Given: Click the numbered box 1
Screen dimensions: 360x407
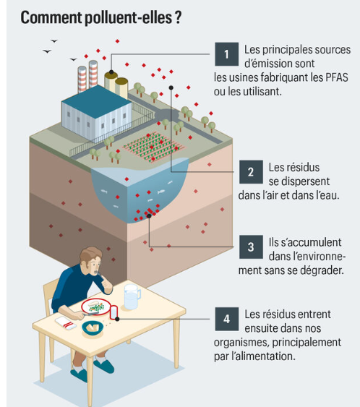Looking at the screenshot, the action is coord(226,54).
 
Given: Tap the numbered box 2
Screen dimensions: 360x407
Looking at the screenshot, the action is coord(251,172).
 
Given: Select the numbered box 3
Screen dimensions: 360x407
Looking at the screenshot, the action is coord(251,247).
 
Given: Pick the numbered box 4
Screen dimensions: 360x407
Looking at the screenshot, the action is coord(226,319).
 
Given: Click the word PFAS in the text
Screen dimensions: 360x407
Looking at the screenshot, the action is coord(336,77).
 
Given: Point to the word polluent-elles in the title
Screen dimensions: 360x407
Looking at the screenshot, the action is coord(128,17).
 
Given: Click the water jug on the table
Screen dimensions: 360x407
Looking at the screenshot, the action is coord(132,296).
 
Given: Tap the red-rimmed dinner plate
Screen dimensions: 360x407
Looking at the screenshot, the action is coord(96,307).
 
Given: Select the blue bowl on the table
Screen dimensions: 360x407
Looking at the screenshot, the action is coord(93,327).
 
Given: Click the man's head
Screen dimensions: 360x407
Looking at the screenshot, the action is coord(90,260).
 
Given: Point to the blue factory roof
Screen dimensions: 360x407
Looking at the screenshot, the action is coord(97,101).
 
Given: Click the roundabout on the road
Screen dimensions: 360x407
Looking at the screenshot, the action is coord(167,114).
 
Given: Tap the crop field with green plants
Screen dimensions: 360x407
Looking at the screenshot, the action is coord(153,147).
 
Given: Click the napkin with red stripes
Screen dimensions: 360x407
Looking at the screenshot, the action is coord(66,323).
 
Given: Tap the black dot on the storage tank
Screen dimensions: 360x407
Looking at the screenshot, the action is coord(111,72).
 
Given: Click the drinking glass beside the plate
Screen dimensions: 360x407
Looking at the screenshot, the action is coord(114,312).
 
